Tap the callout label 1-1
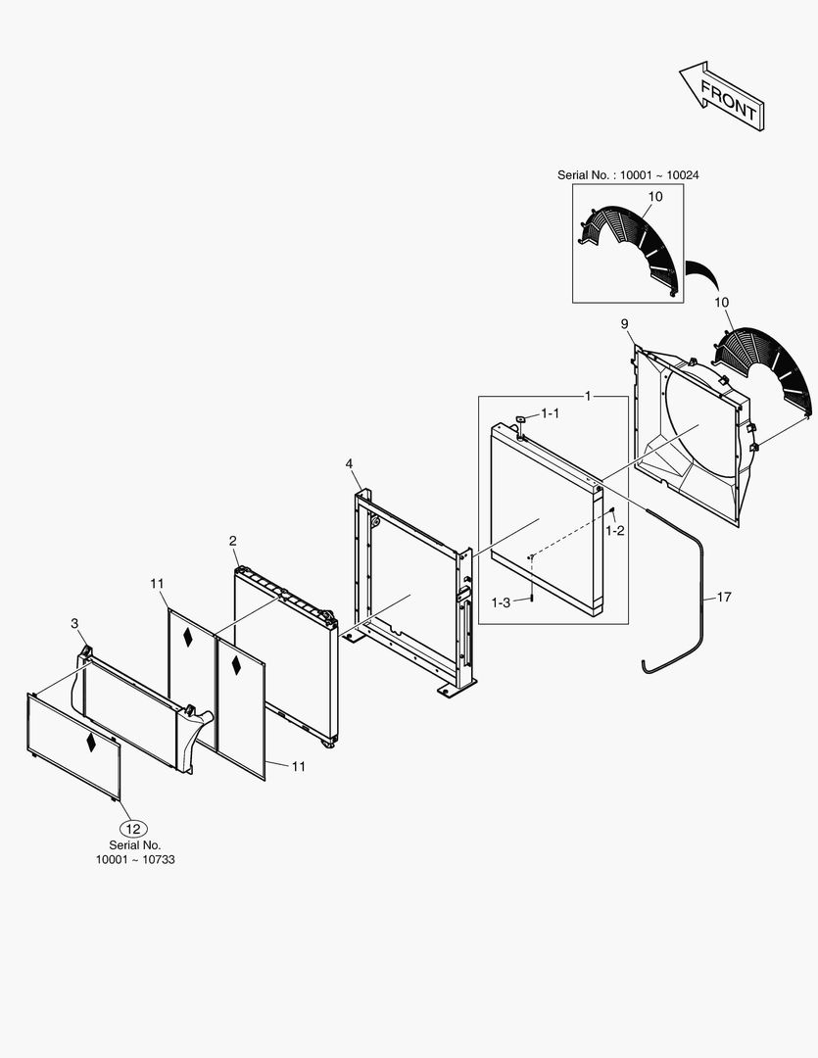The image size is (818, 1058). (551, 414)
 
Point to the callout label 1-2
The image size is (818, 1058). (615, 530)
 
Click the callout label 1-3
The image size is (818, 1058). (502, 602)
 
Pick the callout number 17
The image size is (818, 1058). (724, 596)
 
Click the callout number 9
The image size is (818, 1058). (624, 324)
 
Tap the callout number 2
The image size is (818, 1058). (233, 541)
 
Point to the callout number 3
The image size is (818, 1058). (74, 623)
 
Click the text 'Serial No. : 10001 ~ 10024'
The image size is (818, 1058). (628, 174)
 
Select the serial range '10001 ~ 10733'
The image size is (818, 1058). (135, 859)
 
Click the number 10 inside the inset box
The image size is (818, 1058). (655, 197)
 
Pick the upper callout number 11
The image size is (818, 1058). (157, 585)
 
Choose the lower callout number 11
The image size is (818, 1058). (298, 766)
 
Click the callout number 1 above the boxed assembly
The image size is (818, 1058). (588, 395)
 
